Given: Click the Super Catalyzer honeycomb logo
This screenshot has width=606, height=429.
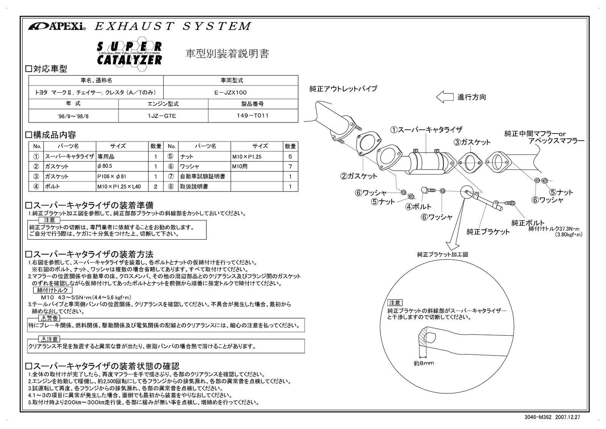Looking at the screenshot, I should click(x=129, y=53).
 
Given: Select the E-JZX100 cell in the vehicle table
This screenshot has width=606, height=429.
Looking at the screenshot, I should click(x=230, y=92).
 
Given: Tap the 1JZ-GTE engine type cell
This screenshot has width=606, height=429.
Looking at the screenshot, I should click(x=163, y=116).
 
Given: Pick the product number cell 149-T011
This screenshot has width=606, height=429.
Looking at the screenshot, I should click(x=253, y=116).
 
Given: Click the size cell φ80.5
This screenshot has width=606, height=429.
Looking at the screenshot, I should click(x=105, y=166).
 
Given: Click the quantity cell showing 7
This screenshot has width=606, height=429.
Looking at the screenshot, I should click(x=290, y=166).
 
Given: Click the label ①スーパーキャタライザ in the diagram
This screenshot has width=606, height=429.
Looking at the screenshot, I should click(x=426, y=130).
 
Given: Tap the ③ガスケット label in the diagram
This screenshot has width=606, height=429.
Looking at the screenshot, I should click(x=472, y=142).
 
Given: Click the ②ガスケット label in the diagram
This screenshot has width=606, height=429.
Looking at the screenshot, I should click(x=359, y=176).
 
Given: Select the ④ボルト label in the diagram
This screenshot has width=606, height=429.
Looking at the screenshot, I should click(x=419, y=207).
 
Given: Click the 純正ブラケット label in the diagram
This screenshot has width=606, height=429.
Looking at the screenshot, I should click(x=488, y=231).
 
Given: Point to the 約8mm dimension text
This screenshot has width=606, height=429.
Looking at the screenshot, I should click(x=424, y=363).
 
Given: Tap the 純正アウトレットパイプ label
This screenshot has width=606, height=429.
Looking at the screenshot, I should click(x=343, y=89).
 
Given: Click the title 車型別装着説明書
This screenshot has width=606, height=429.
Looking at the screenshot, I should click(x=227, y=54).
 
